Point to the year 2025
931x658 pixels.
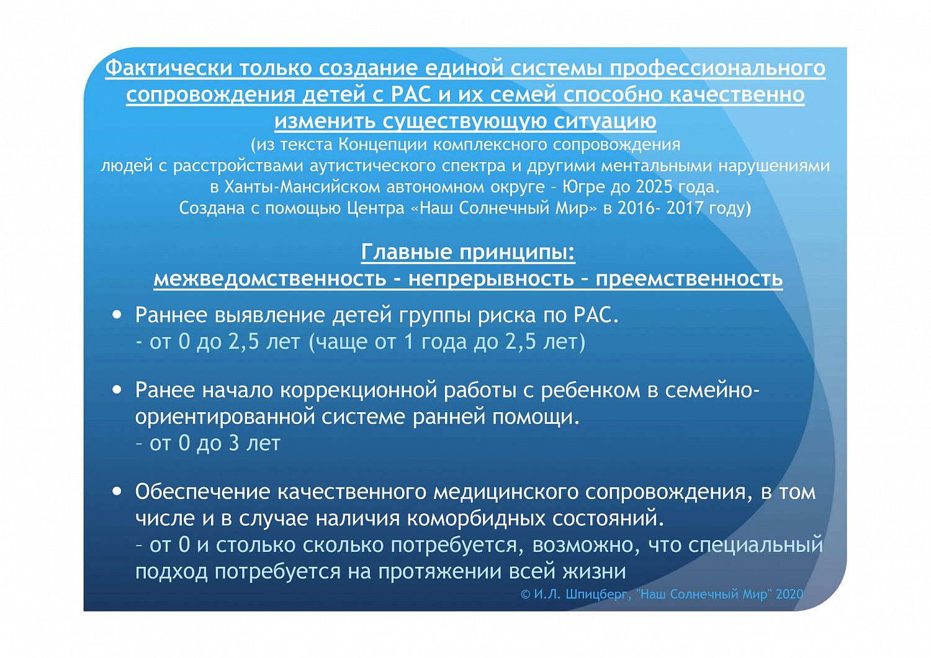tap(654, 186)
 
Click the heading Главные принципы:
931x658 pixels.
tap(468, 252)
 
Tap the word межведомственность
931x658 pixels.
tap(269, 279)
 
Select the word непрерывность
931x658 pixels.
tap(491, 279)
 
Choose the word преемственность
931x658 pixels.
tap(689, 279)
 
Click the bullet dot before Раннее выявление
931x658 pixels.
tap(117, 315)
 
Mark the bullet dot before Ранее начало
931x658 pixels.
tap(117, 390)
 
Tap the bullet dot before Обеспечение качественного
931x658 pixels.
tap(117, 491)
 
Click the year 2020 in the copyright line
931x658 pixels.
tap(789, 594)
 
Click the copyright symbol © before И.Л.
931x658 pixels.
tap(525, 595)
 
